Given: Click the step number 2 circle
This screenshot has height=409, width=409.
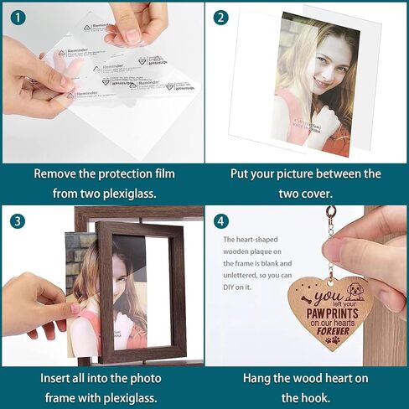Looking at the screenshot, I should click(x=220, y=17).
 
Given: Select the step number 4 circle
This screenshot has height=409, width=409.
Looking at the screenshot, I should click(x=220, y=221).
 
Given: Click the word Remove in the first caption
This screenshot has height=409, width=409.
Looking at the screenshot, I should click(x=56, y=174).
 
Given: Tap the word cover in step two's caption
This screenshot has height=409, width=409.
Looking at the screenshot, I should click(x=317, y=194).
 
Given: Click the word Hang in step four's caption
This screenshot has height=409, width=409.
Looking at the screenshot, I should click(x=257, y=378).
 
